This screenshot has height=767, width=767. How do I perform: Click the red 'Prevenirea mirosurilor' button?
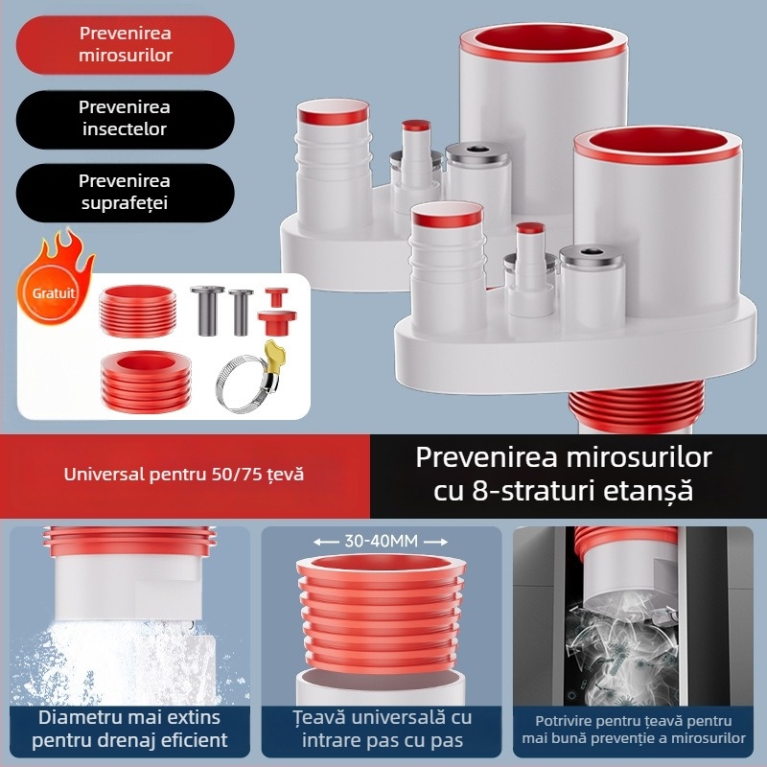point(126,44)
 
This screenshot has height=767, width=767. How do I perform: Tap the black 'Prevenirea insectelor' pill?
point(126,119)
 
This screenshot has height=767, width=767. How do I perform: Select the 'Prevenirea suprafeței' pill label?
point(126,192)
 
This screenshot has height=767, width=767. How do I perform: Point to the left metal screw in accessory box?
point(205,311)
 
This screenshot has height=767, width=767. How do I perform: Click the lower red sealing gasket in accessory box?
point(143,382)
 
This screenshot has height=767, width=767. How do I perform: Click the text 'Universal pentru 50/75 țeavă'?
point(183,474)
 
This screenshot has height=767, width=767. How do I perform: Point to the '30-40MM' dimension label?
point(382,542)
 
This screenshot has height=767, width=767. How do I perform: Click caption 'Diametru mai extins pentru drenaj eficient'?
point(130,729)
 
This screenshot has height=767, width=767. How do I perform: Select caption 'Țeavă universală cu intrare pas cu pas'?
point(382,729)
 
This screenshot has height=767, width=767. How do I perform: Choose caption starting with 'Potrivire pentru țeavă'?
point(635,729)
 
